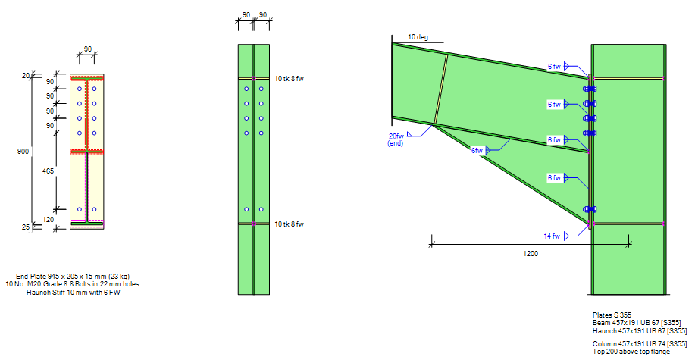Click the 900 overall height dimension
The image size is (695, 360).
(23, 151)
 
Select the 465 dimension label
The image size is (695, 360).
(48, 171)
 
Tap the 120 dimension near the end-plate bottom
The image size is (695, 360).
(48, 220)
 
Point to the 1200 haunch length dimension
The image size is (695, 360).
(531, 254)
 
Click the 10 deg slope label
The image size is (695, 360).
(418, 37)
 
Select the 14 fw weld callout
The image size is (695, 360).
(552, 236)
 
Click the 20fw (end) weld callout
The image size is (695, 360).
(396, 139)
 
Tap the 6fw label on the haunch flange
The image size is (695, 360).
(477, 151)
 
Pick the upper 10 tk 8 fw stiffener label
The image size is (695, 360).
(289, 79)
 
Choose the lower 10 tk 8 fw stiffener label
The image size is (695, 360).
(289, 224)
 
